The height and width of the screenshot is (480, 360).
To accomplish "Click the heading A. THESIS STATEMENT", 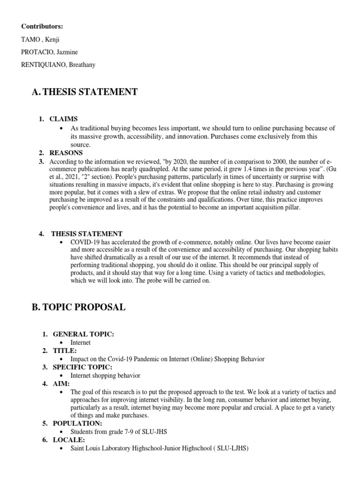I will coord(84,92).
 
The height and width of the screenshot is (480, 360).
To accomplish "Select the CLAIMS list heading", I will coord(64,119).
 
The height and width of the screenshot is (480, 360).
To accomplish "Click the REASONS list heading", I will coord(66,153).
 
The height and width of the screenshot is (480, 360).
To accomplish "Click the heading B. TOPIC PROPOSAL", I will coord(78,307).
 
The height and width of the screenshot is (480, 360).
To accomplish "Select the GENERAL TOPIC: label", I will coord(83,334).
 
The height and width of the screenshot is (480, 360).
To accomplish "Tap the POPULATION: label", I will coord(77,423).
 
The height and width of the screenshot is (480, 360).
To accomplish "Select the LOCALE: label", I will coord(68,440).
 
